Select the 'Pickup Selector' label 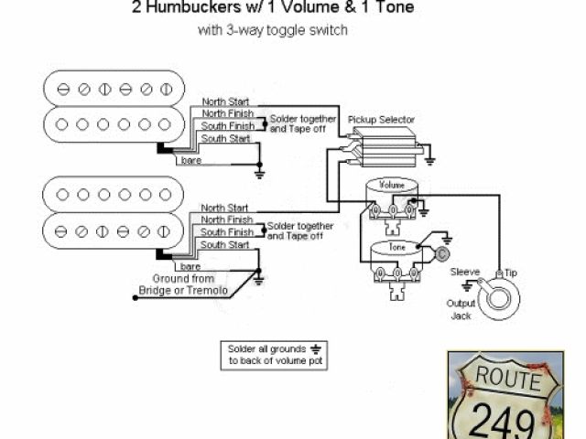coord(382,120)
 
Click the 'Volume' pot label coord(391,185)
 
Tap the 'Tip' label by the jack coord(511,273)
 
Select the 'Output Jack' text coord(461,309)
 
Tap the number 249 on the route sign coord(503,420)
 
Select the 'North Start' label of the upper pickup coord(224,102)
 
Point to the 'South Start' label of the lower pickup coord(225,245)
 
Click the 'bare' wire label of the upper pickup coord(191,161)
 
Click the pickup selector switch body coord(385,147)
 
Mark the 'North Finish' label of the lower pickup coord(226,220)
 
